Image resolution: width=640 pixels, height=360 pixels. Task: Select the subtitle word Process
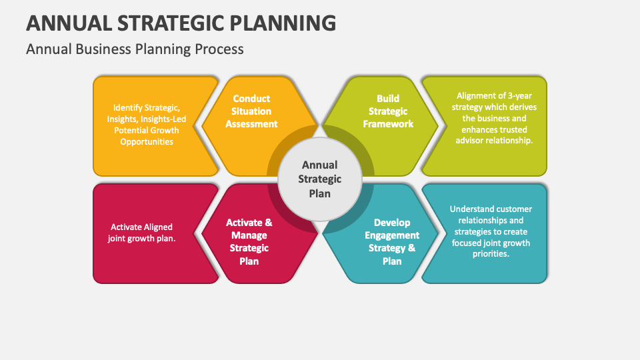[x=220, y=49]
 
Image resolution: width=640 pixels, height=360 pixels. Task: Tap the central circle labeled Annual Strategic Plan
[x=320, y=179]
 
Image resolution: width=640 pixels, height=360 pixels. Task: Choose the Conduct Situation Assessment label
[x=251, y=111]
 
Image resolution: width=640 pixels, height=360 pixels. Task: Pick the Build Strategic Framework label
[x=388, y=111]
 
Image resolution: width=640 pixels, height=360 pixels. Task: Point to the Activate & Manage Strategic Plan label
[x=249, y=241]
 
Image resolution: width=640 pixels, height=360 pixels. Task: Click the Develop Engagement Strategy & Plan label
[x=392, y=241]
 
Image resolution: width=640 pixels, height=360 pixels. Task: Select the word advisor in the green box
[x=469, y=141]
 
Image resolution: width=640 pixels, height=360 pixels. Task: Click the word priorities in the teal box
[x=490, y=254]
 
